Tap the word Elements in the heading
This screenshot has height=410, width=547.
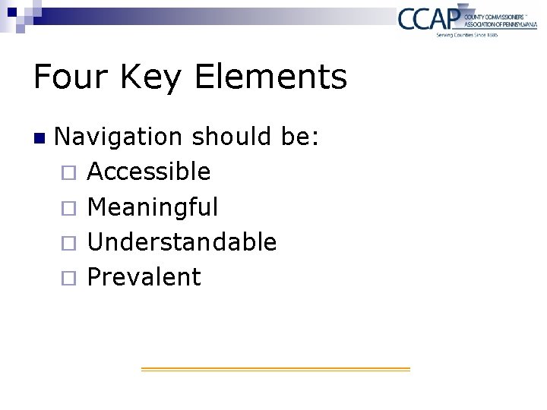(271, 77)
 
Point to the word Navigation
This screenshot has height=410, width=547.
(119, 137)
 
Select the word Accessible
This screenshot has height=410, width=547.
(149, 172)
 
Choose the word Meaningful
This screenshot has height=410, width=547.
(153, 207)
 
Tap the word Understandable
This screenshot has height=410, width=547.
(182, 241)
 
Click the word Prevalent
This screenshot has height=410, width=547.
(144, 277)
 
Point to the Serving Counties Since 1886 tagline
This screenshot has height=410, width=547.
(466, 35)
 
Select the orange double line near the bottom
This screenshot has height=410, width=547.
(275, 369)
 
